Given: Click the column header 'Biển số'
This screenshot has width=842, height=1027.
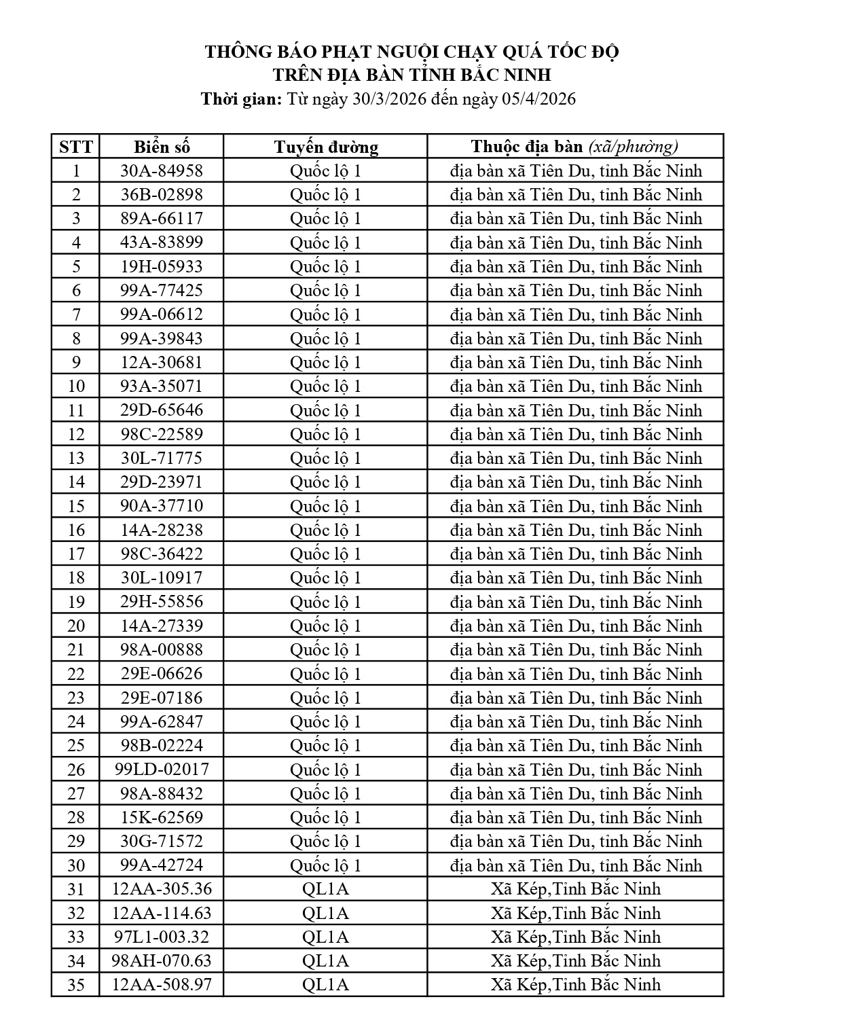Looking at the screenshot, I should click(162, 147).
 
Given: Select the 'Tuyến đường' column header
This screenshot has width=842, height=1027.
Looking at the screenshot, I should click(326, 147).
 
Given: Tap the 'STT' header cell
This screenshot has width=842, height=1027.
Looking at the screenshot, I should click(76, 147).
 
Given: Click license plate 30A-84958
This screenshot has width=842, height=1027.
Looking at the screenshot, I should click(162, 170).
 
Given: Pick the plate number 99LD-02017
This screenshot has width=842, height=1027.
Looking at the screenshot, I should click(162, 770).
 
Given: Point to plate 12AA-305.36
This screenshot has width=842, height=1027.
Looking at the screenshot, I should click(162, 889).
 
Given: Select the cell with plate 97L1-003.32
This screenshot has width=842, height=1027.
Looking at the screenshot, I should click(162, 937).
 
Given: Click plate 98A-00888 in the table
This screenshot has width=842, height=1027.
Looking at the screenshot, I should click(162, 650).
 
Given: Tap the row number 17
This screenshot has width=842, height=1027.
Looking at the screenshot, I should click(76, 554).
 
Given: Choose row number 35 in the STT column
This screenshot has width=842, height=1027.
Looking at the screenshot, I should click(76, 985).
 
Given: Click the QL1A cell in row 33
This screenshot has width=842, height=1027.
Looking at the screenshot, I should click(325, 937).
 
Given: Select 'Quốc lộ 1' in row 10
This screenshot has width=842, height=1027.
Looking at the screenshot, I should click(326, 386).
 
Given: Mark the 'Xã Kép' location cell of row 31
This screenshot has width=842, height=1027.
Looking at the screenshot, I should click(576, 889).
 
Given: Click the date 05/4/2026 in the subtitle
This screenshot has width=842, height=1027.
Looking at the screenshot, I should click(538, 99).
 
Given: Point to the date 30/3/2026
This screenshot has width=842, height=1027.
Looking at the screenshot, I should click(389, 99).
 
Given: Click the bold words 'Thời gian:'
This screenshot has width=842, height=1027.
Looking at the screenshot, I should click(241, 99).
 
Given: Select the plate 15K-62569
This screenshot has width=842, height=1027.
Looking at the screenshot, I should click(162, 817).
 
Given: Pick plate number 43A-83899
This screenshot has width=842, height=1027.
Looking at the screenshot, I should click(162, 242).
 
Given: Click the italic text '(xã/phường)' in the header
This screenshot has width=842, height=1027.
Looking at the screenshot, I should click(634, 147).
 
